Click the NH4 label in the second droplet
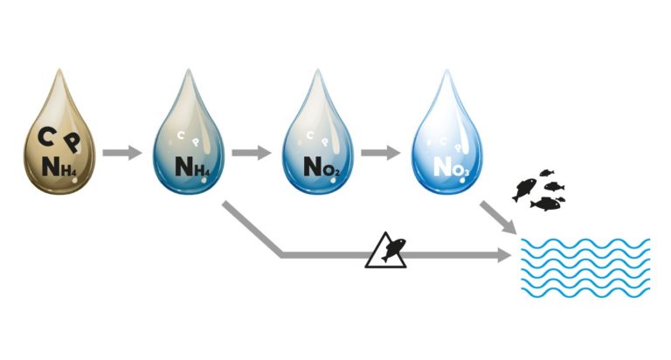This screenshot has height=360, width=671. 193,166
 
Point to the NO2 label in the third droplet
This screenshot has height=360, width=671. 322,166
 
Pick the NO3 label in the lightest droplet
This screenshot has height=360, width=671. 450,166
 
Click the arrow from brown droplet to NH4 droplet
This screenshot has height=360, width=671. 121,153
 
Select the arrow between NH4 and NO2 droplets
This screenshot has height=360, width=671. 252,153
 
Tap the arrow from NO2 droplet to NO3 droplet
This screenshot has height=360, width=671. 381,153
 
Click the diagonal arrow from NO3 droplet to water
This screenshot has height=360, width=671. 497,219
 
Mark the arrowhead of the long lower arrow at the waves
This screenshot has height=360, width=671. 504,256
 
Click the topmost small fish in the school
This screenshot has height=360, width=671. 548,173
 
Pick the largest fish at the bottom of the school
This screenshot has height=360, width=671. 546,204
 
